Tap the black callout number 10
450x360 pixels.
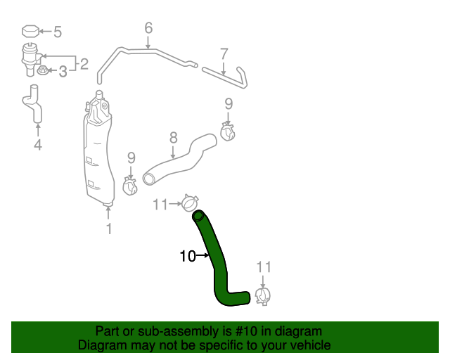(188, 256)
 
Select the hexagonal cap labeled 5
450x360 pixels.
(30, 32)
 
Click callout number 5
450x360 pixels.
(58, 32)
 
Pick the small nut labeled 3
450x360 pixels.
(42, 70)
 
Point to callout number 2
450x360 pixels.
(84, 64)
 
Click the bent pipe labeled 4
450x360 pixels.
(34, 104)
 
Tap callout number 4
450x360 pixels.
(38, 145)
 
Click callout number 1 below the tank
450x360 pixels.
(109, 229)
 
